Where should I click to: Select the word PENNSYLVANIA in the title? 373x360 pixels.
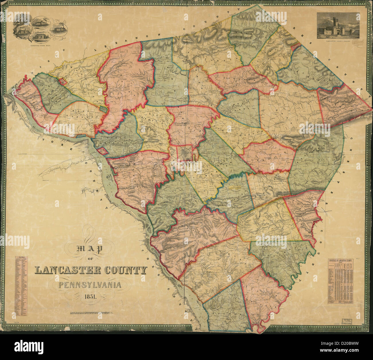(x=90, y=285)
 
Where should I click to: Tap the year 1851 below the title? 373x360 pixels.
(x=90, y=298)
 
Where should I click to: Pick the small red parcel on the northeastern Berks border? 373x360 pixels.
(x=296, y=47)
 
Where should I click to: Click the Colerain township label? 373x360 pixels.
(x=280, y=253)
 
